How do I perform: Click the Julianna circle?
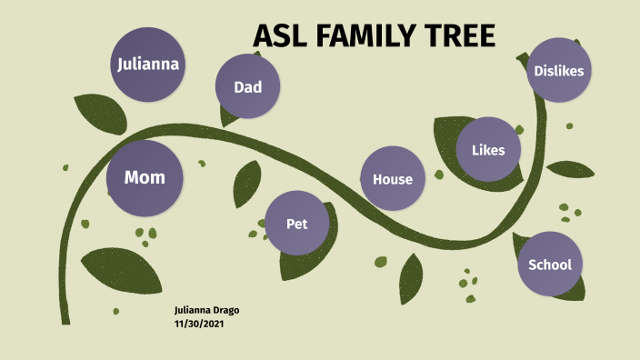point(147,65)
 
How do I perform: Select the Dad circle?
point(247,87)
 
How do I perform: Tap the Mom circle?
point(145,177)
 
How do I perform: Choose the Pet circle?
point(296,224)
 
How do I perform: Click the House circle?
point(393,179)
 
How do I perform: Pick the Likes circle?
point(488,150)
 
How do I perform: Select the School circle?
point(550,265)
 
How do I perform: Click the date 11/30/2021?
point(199,324)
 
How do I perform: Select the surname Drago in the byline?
point(224,311)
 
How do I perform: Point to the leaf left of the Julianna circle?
point(93,112)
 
